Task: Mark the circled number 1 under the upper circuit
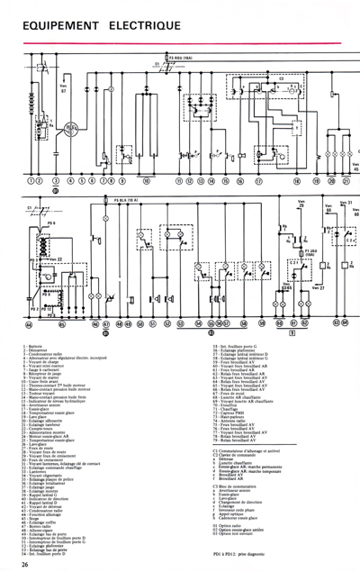pyautogui.click(x=30, y=180)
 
